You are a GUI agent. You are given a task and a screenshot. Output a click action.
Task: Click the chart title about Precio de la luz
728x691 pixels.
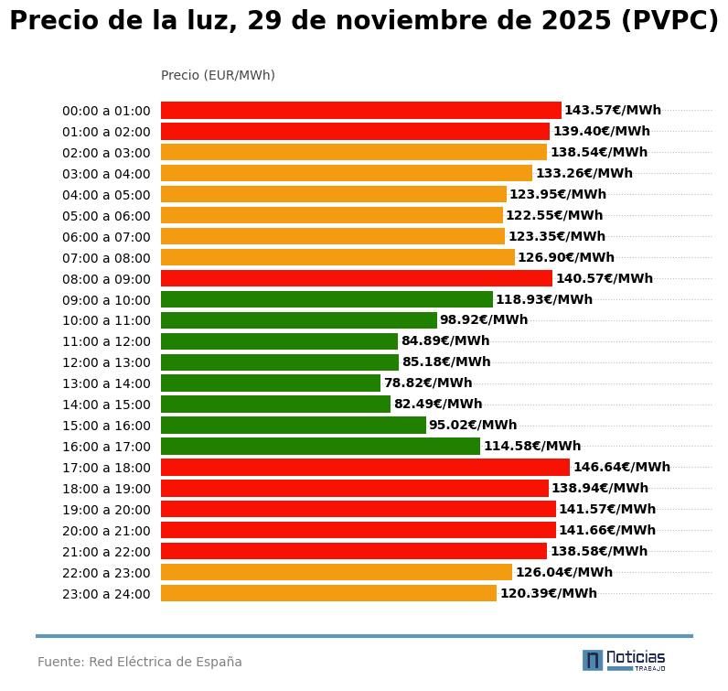364,22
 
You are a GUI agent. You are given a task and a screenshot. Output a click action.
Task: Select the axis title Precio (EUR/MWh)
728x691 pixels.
218,75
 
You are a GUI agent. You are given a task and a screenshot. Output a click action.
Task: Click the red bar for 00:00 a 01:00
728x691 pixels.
360,111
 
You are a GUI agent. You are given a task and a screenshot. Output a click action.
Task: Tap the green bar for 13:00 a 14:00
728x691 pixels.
270,383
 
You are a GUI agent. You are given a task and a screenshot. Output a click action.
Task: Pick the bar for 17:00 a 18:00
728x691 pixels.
365,468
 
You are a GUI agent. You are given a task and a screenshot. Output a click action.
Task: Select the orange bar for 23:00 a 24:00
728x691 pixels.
328,593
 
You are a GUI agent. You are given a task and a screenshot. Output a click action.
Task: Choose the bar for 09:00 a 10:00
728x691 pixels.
327,299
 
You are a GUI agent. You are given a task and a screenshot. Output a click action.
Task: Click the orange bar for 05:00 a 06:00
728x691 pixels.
331,216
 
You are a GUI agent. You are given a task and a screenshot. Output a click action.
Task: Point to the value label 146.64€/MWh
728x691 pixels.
621,468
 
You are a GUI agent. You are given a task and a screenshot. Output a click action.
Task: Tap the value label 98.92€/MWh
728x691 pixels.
483,320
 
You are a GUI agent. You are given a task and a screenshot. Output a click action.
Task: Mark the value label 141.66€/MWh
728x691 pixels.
606,530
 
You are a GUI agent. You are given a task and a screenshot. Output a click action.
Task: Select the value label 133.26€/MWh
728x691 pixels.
583,174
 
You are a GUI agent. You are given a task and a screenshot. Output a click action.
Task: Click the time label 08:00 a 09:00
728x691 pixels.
106,279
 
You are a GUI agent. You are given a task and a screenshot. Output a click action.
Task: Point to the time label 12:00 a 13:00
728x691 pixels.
106,363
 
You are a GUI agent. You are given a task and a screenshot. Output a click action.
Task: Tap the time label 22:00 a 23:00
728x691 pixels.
106,573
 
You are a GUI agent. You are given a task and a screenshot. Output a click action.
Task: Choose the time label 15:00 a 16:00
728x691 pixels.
106,426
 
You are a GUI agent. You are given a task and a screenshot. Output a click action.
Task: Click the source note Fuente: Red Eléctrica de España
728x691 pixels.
140,662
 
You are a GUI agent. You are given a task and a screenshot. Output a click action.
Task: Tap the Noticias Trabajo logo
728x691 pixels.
624,660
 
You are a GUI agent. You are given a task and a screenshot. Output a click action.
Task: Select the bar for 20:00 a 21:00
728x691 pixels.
358,530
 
